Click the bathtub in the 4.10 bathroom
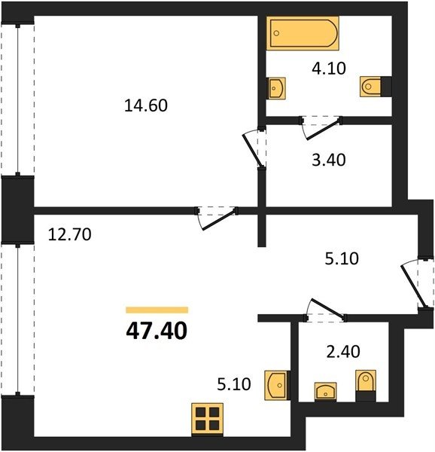[303, 33]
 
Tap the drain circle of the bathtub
[276, 33]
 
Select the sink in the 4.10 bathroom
[276, 88]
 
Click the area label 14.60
[146, 105]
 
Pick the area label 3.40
[329, 160]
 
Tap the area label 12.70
[70, 234]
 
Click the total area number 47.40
[157, 331]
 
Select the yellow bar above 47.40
[157, 310]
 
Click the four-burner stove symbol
[207, 420]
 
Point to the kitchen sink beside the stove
[277, 386]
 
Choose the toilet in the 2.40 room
[366, 386]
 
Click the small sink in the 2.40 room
[325, 392]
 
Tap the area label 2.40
[343, 352]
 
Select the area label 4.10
[329, 69]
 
